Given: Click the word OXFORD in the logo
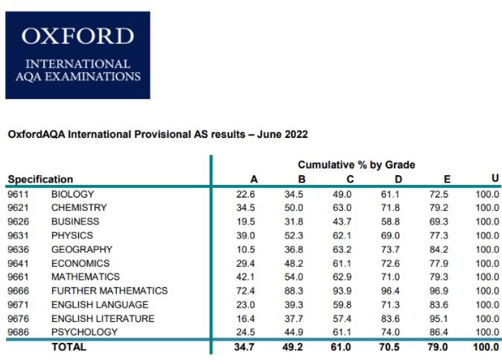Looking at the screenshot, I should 77,37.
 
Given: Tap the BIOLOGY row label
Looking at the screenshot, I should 72,195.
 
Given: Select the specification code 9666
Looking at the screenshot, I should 18,291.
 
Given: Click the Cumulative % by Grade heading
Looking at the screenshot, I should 356,165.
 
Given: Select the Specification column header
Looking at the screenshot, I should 40,179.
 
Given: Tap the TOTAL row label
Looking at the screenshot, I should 69,347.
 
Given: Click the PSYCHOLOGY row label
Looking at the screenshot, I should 84,332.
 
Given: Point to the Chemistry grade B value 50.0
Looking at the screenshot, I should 296,208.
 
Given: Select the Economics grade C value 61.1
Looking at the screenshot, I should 343,263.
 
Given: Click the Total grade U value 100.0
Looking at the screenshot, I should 487,347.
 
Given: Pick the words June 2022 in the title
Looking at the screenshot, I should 282,135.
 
